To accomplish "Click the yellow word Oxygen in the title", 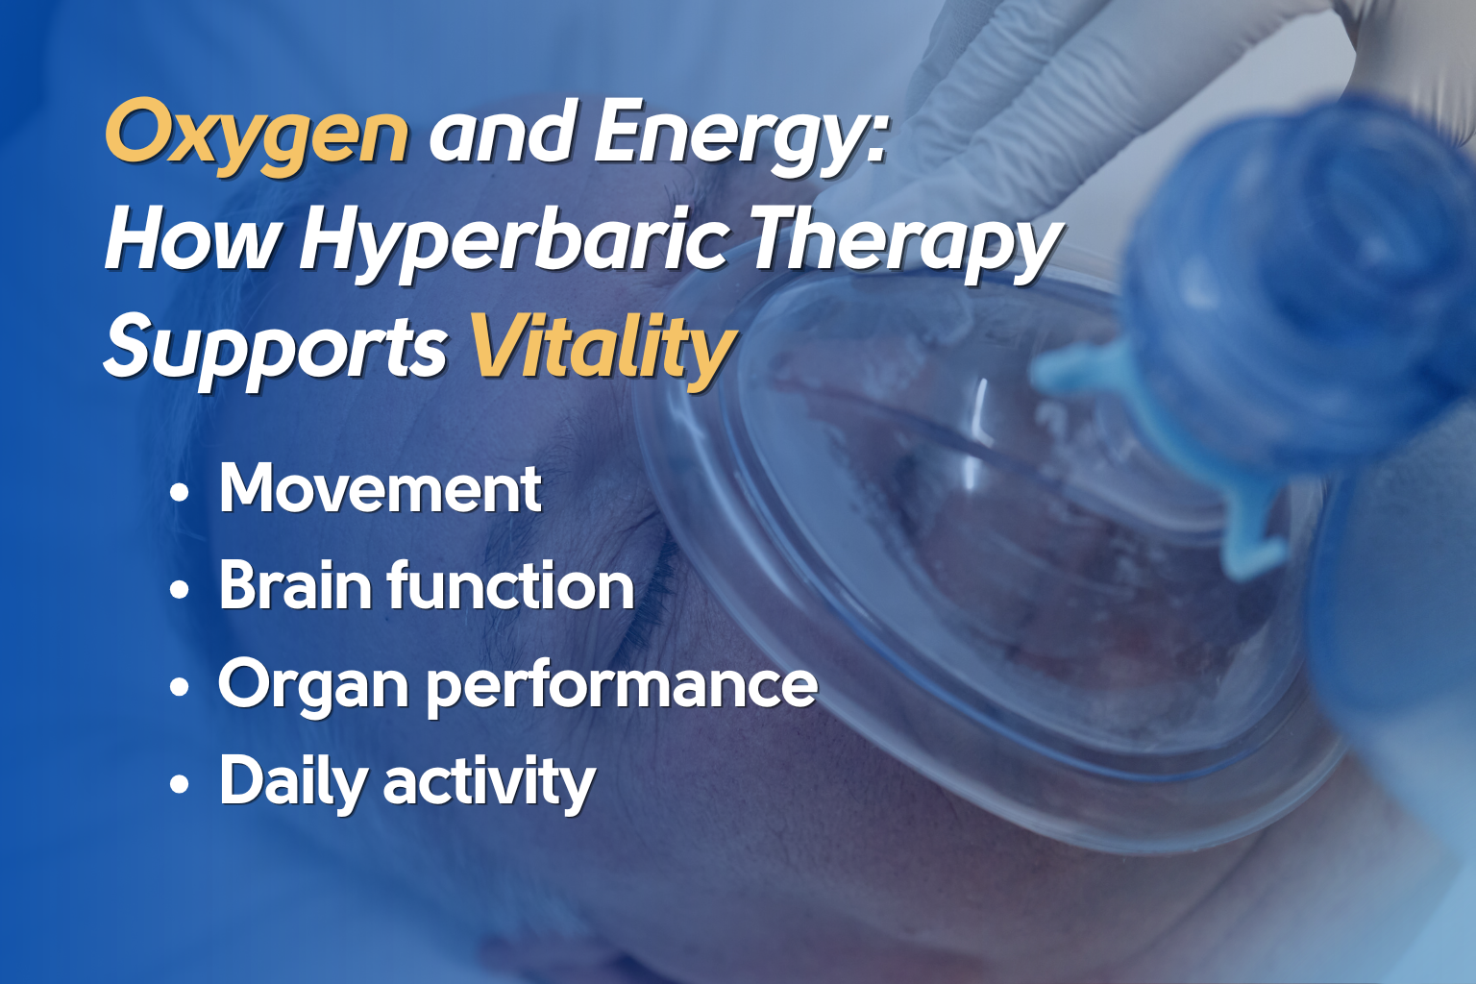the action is coord(257,135).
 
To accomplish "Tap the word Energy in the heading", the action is coord(728,135).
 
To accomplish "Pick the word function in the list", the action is coord(511,584).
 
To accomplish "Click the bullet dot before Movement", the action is coord(179,492).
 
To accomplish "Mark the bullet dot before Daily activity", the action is coord(179,785).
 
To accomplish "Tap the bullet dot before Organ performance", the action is coord(179,687).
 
